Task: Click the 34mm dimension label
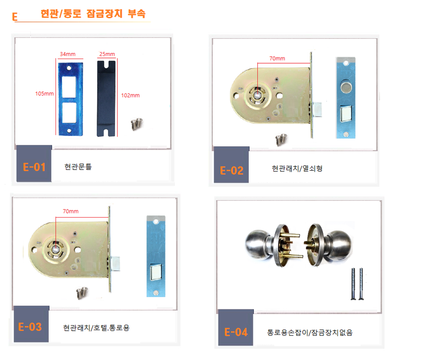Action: coord(68,54)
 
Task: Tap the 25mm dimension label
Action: coord(107,54)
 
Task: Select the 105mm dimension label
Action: coord(44,93)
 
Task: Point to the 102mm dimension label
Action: coord(130,95)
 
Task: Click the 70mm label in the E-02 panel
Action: coord(278,59)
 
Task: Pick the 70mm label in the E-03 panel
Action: coord(71,211)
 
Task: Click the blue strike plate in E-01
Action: coord(71,99)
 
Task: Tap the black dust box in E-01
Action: coord(106,99)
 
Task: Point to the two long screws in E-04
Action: coord(357,284)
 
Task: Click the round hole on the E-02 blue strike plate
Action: coord(346,87)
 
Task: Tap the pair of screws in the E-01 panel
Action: coord(137,124)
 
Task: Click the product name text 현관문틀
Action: coord(78,167)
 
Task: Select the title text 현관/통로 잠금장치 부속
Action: coord(93,14)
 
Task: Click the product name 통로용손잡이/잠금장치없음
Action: coord(310,332)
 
